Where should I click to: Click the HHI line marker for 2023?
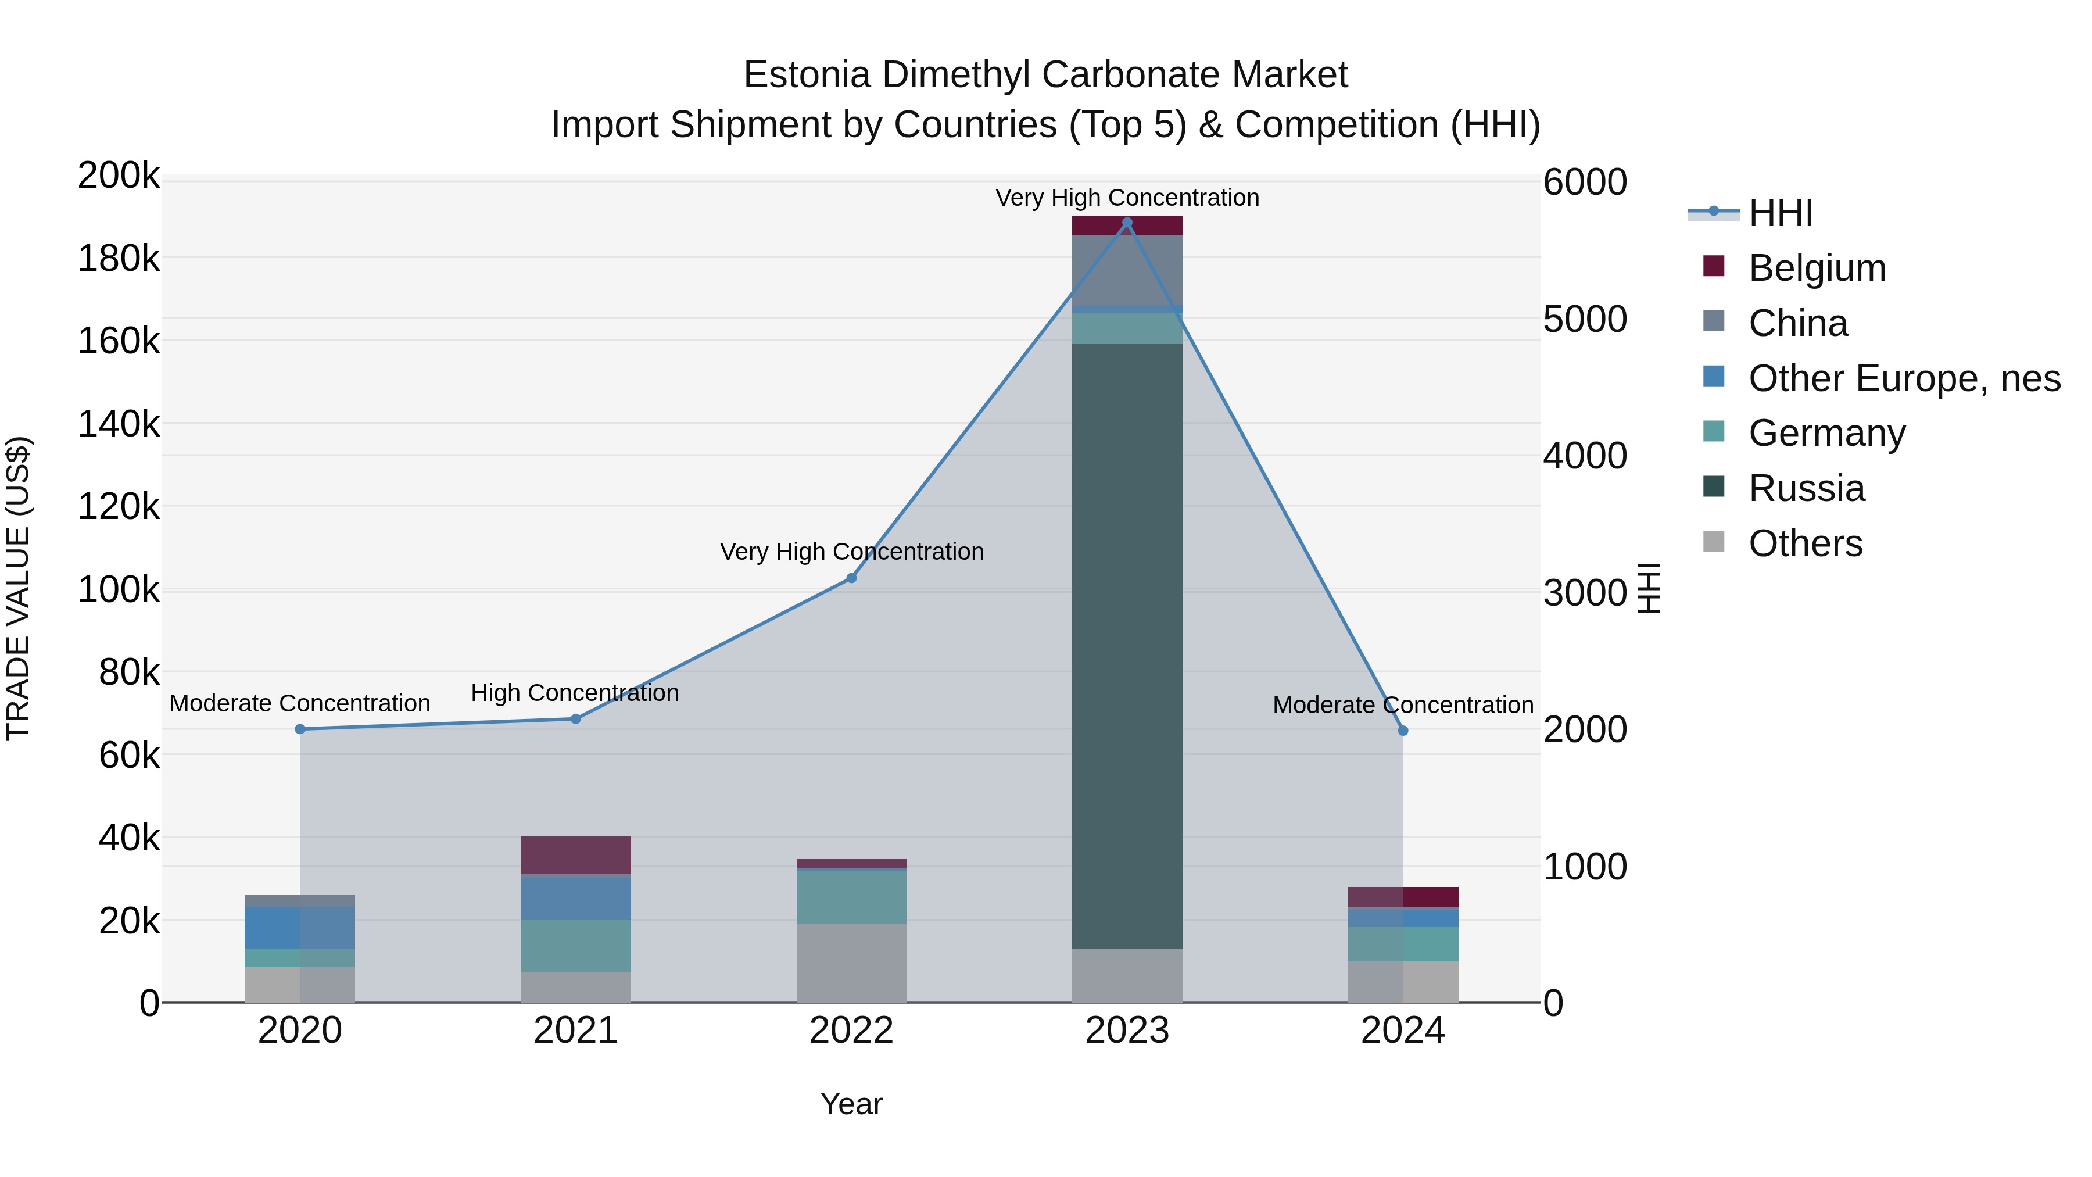pos(1126,223)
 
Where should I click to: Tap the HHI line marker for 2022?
pos(851,578)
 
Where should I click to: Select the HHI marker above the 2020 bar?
pos(300,729)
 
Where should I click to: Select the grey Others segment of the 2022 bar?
pos(851,963)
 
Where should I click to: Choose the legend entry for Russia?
pos(1806,489)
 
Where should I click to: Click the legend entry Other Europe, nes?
pos(1904,378)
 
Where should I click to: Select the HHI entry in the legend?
pos(1780,213)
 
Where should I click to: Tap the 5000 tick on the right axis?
pos(1585,319)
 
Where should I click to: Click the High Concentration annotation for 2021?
pos(574,693)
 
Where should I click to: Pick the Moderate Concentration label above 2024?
pos(1403,705)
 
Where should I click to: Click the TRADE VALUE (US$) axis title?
pos(18,588)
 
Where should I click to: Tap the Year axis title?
pos(851,1104)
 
